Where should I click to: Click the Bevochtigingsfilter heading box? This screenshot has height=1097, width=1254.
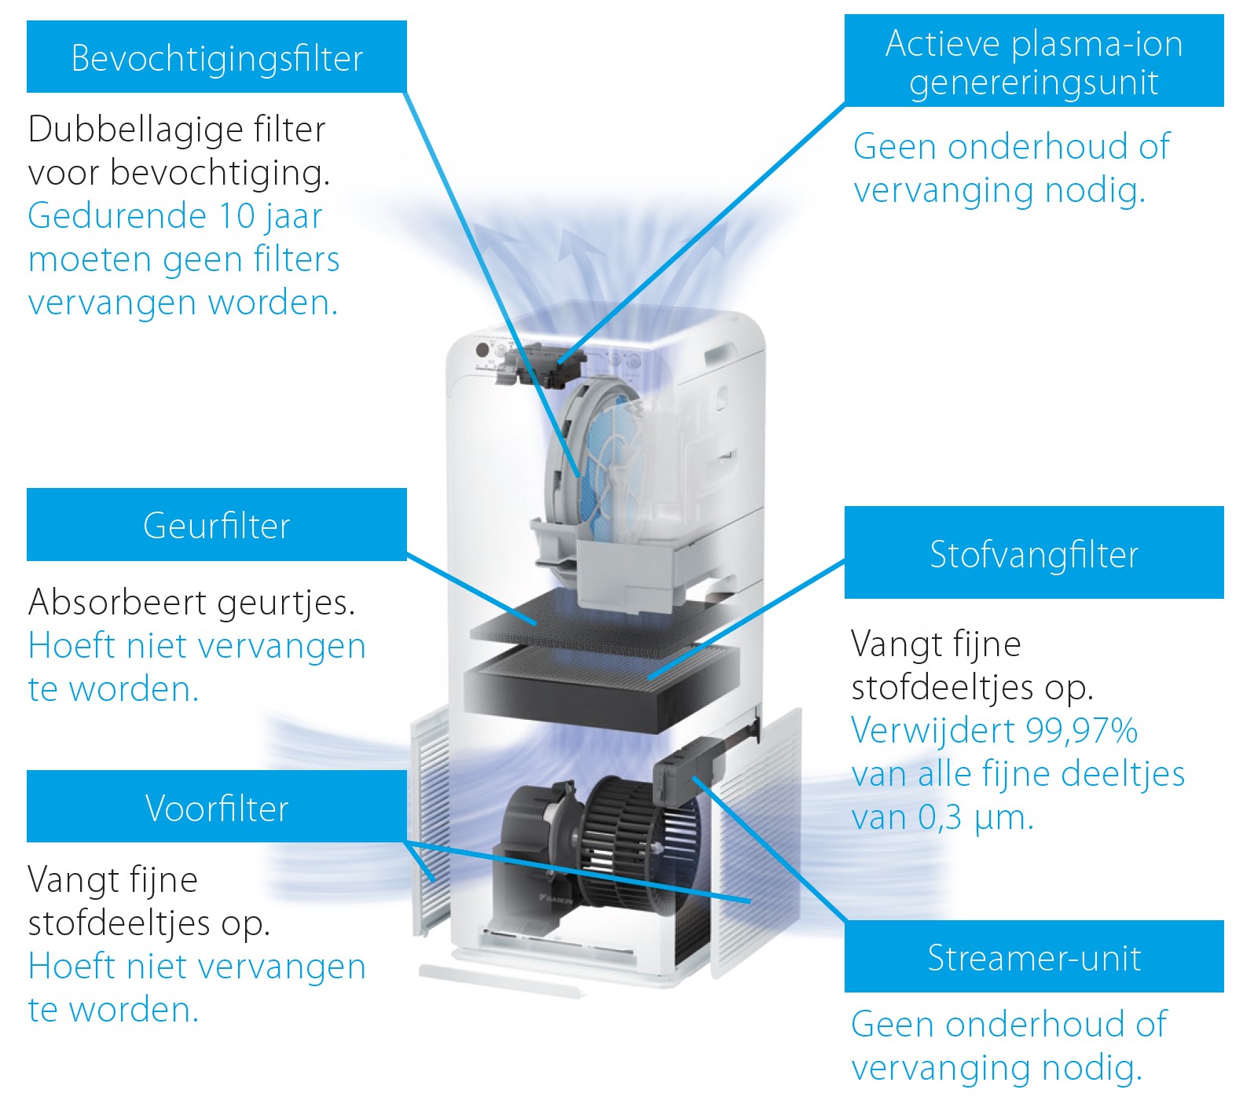pos(217,57)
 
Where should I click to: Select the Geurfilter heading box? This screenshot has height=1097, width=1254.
pos(217,525)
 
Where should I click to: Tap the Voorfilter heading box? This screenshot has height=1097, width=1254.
pos(217,806)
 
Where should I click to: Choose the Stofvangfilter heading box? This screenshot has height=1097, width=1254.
pos(1034,552)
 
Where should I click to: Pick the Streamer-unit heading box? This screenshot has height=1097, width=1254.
pos(1034,956)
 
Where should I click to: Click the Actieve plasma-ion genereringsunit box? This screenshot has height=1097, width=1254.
pos(1034,61)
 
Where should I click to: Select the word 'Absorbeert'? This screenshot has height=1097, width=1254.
pos(118,603)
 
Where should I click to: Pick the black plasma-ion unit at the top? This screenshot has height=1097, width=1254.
pos(542,364)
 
